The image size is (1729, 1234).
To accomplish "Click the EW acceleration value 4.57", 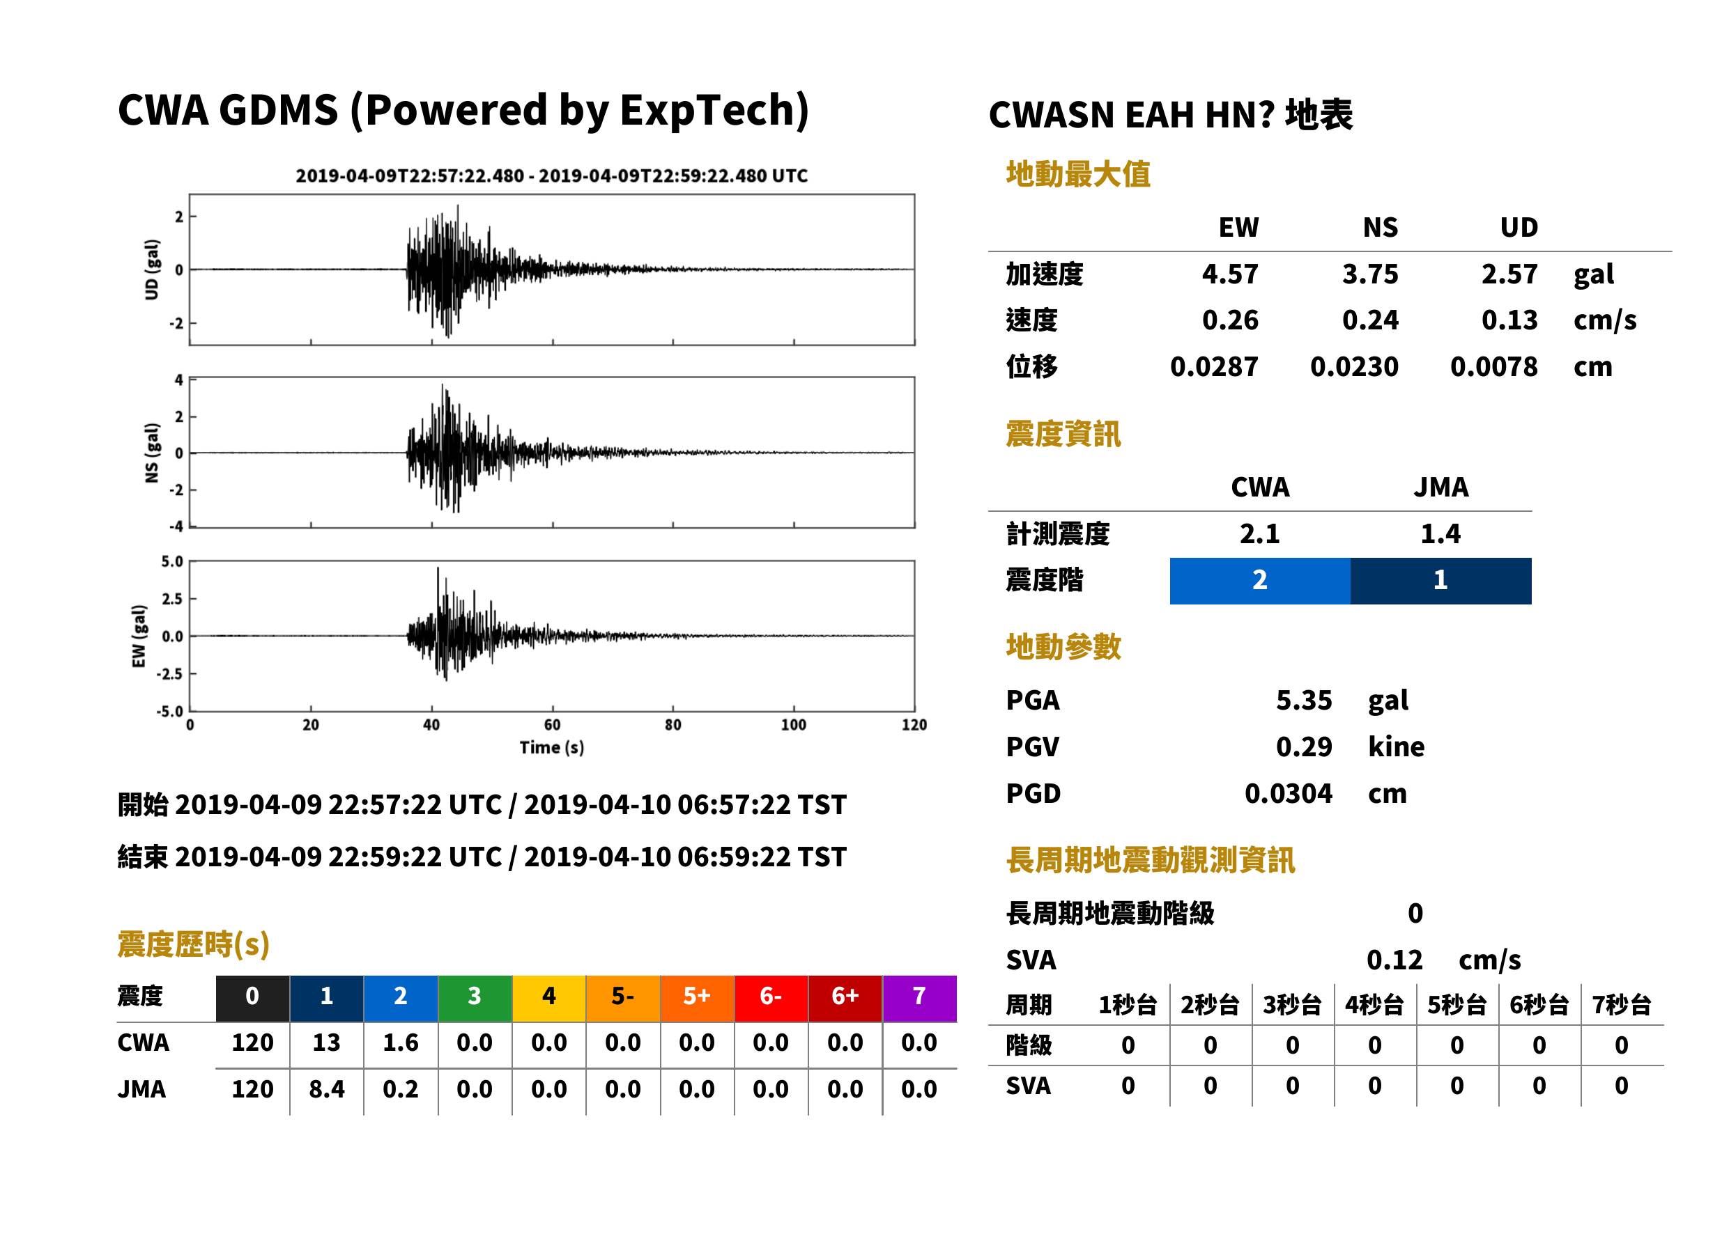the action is [x=1229, y=274].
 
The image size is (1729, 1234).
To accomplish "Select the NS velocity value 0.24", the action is [x=1369, y=320].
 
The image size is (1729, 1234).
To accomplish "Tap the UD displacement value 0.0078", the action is [x=1493, y=367].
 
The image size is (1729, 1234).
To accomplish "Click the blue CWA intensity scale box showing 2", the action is [x=1259, y=581].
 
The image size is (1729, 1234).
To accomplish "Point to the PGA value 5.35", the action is [x=1303, y=700].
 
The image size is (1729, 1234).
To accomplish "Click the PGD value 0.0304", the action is [x=1288, y=793].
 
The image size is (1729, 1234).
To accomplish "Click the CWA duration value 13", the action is [x=326, y=1042].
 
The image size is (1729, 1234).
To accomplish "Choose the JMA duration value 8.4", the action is [x=326, y=1090].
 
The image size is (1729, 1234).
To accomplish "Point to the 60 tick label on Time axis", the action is [x=552, y=725].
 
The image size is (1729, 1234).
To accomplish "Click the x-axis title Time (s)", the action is [x=552, y=748].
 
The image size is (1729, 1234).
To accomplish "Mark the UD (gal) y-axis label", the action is [x=152, y=270].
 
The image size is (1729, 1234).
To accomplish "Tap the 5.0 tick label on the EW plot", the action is [x=172, y=561].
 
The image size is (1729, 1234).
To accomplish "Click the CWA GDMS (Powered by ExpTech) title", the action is [x=463, y=111].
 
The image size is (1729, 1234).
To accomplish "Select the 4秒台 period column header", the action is [x=1374, y=1006].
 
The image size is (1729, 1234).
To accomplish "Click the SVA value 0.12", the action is [x=1394, y=960].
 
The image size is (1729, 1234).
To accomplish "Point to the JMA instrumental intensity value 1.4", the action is [x=1440, y=533].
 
